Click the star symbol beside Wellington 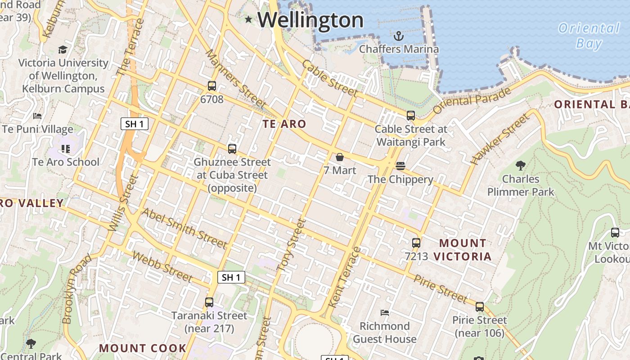[x=248, y=19]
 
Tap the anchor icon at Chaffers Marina [x=398, y=35]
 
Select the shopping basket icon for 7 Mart [x=340, y=157]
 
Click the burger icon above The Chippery [x=400, y=166]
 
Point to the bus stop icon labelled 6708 [x=212, y=86]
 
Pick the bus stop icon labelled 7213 [x=416, y=243]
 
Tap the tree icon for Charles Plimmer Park [x=521, y=166]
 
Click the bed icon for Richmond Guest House [x=385, y=312]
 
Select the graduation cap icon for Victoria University [x=63, y=49]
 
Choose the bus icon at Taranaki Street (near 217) [x=209, y=302]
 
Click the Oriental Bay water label [x=589, y=36]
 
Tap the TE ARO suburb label [x=284, y=124]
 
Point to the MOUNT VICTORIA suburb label [x=463, y=250]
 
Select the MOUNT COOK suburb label [x=143, y=348]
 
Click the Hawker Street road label [x=499, y=139]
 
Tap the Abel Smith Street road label [x=184, y=228]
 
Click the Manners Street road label [x=235, y=79]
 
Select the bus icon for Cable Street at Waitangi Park [x=411, y=116]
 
